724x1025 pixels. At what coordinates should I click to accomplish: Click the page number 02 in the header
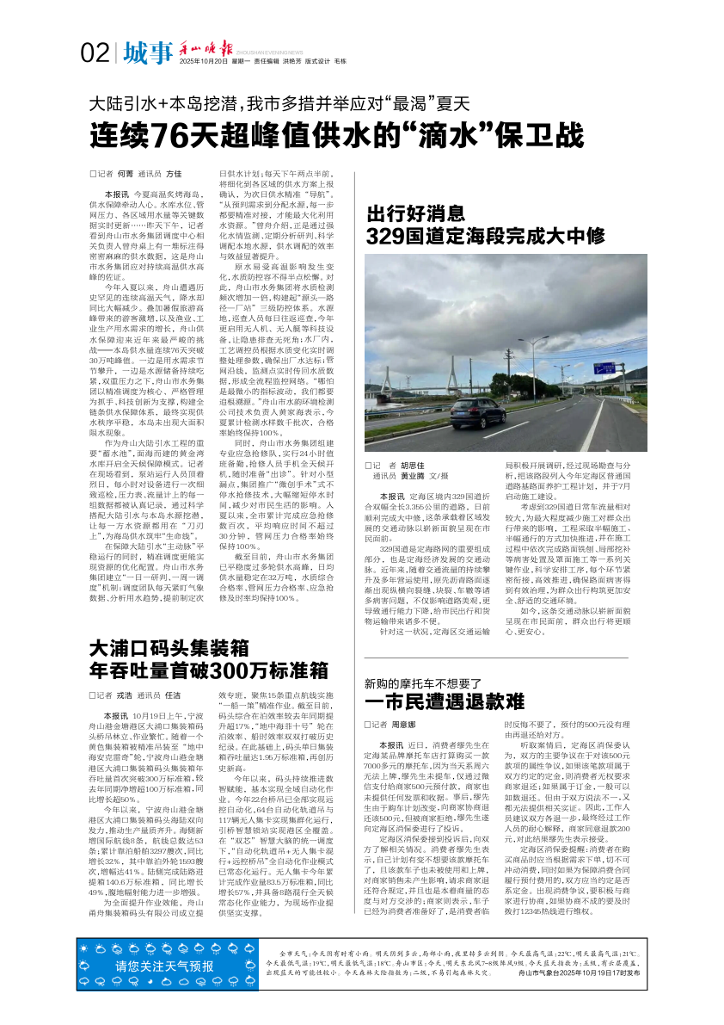[95, 52]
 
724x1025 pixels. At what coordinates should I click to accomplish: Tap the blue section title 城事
[147, 52]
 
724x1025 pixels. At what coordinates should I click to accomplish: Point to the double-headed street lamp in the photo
[533, 343]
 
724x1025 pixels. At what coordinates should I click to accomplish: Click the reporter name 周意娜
[404, 725]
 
